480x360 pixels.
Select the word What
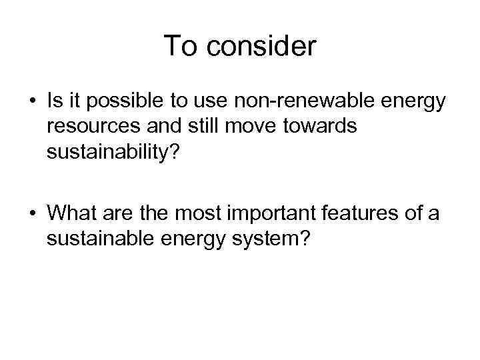coord(71,214)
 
